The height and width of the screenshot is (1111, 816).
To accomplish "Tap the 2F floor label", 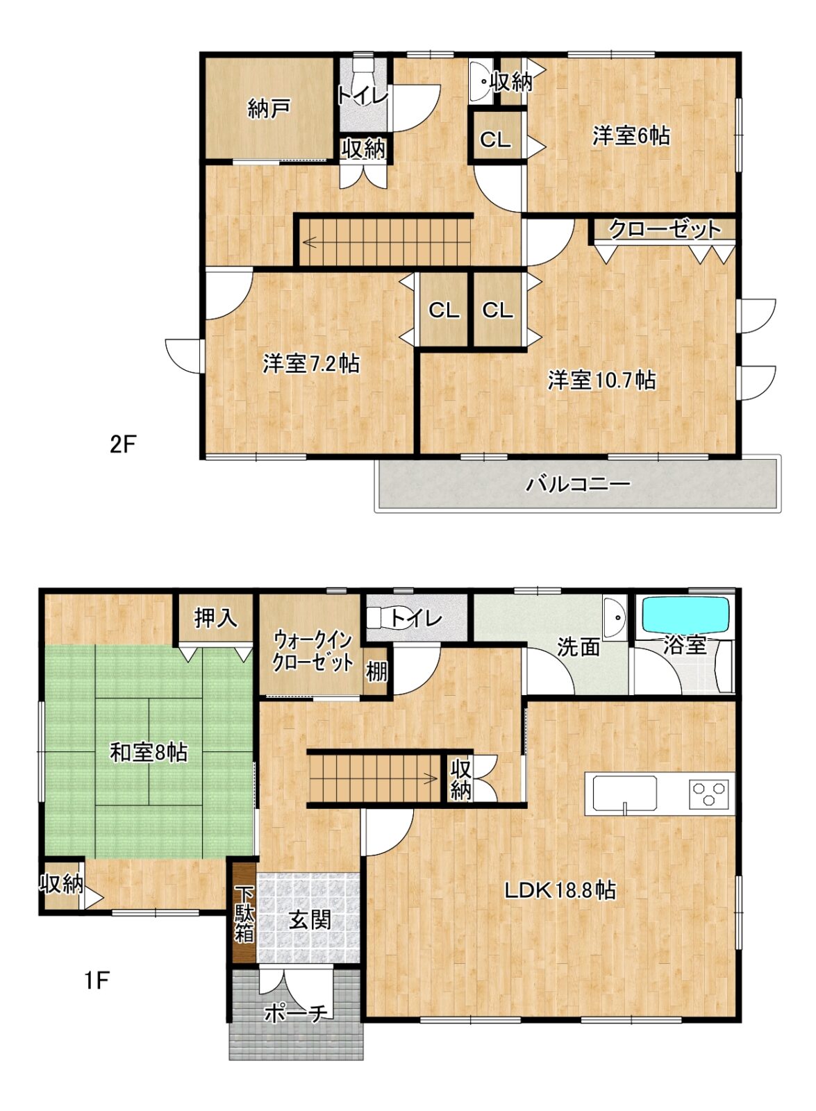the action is pyautogui.click(x=122, y=444).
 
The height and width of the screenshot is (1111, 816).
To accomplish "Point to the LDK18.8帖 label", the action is pyautogui.click(x=560, y=890).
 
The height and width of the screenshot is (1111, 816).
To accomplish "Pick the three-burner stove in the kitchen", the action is pyautogui.click(x=708, y=792).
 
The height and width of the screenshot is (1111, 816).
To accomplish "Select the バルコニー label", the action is pyautogui.click(x=578, y=483).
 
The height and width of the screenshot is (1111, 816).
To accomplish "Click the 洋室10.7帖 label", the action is pyautogui.click(x=601, y=380).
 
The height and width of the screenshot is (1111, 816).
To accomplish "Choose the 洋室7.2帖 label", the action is pyautogui.click(x=311, y=364).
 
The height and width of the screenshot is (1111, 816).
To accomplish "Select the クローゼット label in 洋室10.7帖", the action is pyautogui.click(x=664, y=229).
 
